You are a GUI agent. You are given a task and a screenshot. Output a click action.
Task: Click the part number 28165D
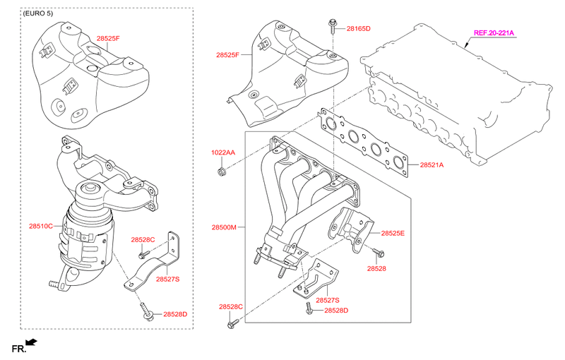point(358,28)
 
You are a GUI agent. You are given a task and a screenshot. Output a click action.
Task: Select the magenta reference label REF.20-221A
point(494,33)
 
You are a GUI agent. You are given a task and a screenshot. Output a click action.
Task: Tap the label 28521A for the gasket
point(432,165)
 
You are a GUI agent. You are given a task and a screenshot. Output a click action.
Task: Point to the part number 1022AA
point(223,152)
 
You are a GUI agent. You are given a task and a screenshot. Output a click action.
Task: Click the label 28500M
point(224,227)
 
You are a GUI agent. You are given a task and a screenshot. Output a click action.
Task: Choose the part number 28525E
point(393,233)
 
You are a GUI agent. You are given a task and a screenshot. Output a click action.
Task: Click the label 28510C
point(41,227)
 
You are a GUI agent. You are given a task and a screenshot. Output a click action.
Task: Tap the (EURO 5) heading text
point(38,13)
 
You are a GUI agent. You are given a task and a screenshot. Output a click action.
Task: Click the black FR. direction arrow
point(31,342)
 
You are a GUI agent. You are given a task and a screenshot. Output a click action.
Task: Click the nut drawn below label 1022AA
point(221,172)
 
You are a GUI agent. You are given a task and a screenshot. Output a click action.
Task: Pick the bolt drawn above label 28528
point(378,253)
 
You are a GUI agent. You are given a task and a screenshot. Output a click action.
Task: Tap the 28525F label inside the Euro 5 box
point(108,38)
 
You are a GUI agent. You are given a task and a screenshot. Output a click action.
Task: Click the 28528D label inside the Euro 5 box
point(175,314)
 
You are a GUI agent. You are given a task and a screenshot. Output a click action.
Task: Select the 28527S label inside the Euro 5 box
point(167,279)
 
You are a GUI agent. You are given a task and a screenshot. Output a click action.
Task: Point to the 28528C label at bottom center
point(231,307)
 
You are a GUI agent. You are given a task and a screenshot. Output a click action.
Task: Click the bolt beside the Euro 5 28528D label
point(148,311)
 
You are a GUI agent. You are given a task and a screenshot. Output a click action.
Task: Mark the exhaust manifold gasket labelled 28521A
point(363,143)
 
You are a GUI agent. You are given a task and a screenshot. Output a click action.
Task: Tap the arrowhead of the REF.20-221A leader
point(466,46)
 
